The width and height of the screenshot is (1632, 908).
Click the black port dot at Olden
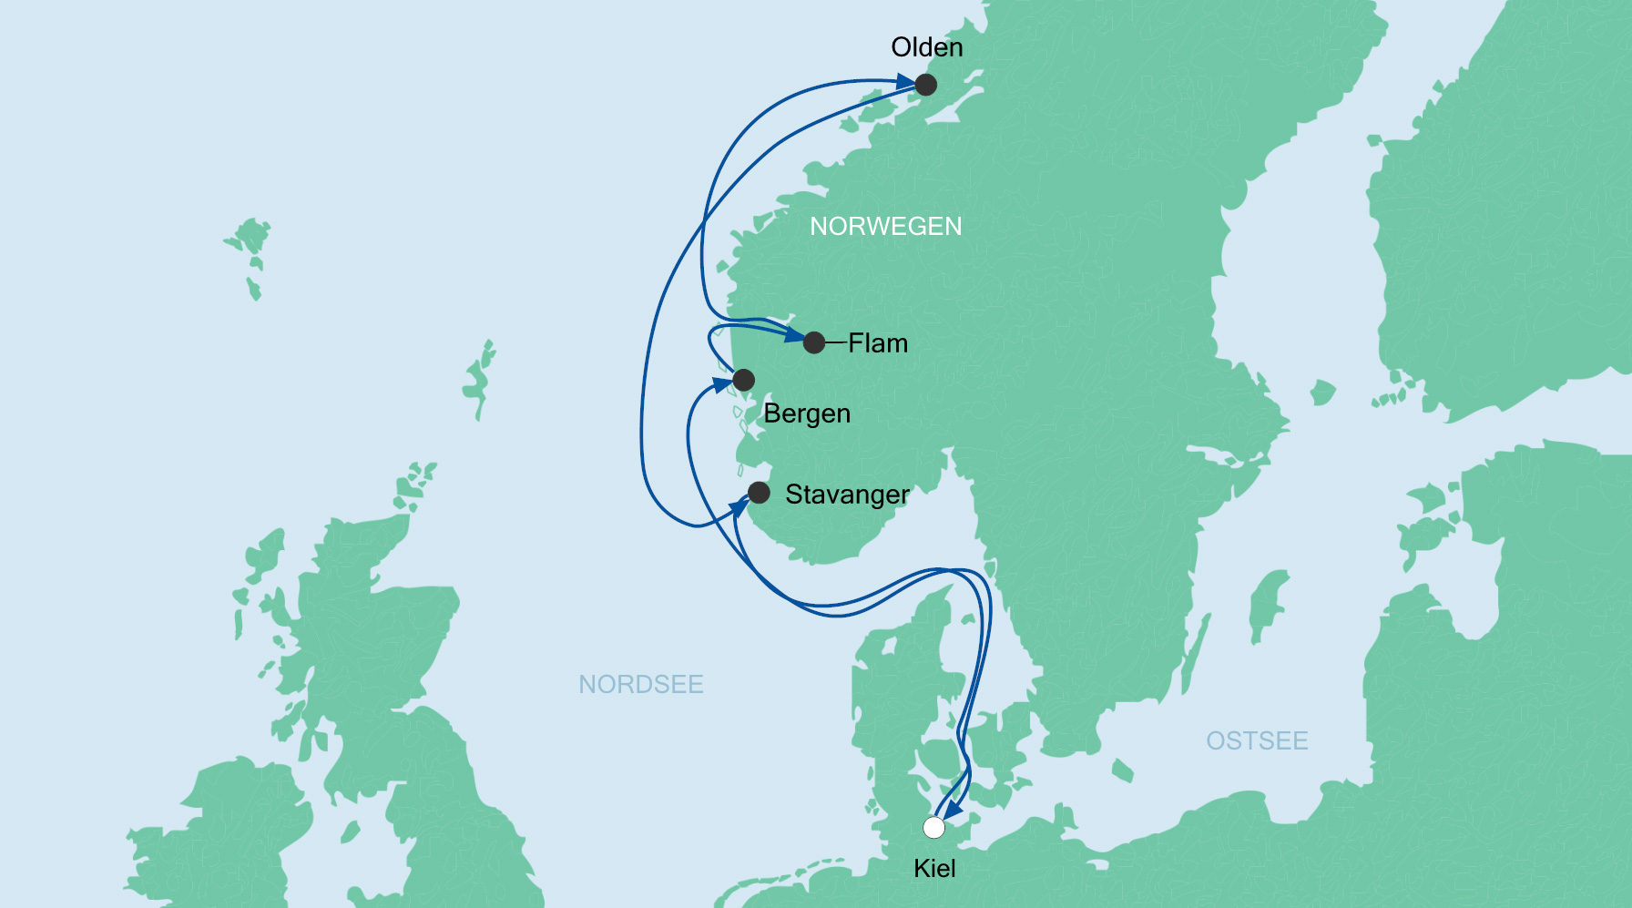coord(925,85)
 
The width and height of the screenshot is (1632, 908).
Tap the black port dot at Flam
coord(814,342)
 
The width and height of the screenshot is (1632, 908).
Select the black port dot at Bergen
coord(743,380)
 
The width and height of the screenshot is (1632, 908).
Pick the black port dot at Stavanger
coord(759,493)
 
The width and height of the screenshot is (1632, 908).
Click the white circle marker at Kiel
coord(933,827)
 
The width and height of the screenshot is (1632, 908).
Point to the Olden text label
coord(926,47)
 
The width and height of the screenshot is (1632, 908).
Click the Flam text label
coord(878,343)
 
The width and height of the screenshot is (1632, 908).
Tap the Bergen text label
coord(807,413)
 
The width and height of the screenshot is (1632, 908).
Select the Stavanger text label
coord(847,495)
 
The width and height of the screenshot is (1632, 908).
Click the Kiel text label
coord(934,868)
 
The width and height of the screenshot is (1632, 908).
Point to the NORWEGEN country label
coord(885,226)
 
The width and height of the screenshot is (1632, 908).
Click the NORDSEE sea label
coord(641,684)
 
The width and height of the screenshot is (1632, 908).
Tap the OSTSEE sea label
coord(1257,740)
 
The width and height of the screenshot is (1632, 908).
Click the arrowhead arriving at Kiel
coord(952,809)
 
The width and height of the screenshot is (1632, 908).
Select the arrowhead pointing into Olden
coord(905,83)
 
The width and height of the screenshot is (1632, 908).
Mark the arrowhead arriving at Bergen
coord(723,385)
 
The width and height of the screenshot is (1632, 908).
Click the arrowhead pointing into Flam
coord(794,336)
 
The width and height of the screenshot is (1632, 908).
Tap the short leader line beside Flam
coord(836,343)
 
